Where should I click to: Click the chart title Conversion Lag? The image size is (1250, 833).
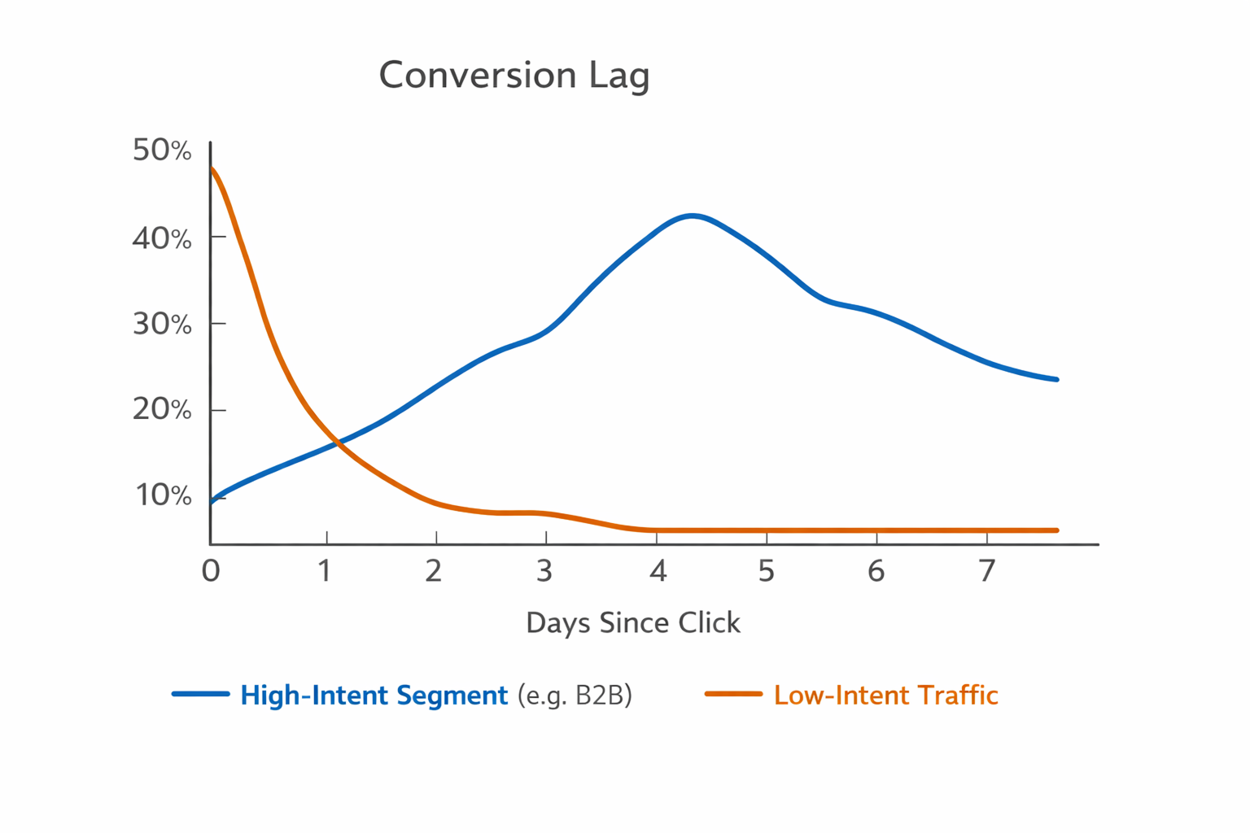tap(514, 76)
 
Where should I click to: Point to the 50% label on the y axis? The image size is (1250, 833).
tap(162, 150)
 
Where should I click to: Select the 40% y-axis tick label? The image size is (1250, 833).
tap(162, 238)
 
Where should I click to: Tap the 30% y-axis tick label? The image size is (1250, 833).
tap(162, 324)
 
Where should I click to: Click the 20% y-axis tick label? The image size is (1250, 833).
tap(162, 409)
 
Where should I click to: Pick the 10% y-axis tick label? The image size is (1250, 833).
tap(163, 495)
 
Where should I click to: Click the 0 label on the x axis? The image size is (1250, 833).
tap(211, 571)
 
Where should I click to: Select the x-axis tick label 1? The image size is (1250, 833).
tap(325, 571)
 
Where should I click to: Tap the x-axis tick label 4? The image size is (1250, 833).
tap(658, 571)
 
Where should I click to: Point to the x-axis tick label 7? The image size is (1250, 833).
tap(986, 571)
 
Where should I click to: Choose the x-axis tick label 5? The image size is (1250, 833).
tap(766, 571)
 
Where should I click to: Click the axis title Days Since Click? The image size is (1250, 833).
tap(633, 623)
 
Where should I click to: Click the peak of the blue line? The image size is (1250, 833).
tap(692, 216)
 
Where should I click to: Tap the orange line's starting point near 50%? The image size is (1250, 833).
tap(212, 168)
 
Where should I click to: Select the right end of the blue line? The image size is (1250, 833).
tap(1056, 379)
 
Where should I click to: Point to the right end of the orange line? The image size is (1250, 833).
tap(1056, 530)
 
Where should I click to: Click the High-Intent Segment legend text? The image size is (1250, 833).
tap(374, 696)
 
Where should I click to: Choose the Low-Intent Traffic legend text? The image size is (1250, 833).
tap(885, 696)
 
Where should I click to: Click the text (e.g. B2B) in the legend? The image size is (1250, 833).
tap(575, 696)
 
